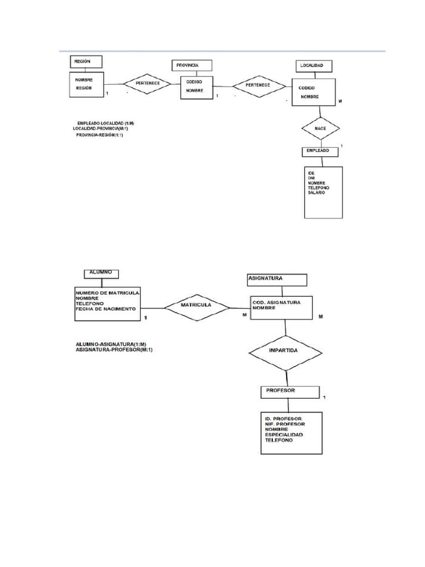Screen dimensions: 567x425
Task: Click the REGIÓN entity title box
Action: (86, 61)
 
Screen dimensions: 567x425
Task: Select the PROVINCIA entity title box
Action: (191, 65)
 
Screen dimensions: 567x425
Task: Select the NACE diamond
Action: (320, 128)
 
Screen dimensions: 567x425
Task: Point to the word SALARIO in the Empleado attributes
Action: (317, 193)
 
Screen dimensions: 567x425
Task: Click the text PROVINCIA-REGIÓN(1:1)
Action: (100, 135)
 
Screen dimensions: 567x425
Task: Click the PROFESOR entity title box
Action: (289, 391)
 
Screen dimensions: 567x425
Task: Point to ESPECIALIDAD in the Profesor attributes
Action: (284, 435)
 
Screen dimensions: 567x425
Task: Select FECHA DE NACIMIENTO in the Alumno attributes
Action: (105, 308)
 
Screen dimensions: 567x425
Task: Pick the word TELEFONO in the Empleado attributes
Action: (319, 188)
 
